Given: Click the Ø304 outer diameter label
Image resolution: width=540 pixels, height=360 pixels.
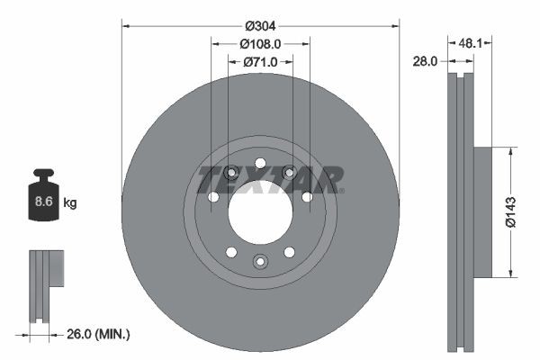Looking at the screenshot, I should coord(260,25).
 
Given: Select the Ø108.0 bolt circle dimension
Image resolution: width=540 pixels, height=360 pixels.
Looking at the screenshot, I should coord(260,43).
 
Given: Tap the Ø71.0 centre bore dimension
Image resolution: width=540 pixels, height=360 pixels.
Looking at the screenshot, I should coord(260,62).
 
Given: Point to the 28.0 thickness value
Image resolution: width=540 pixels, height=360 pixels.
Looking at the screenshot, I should coord(426,61).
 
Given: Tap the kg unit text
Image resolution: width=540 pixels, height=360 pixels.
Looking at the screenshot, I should coord(70,203).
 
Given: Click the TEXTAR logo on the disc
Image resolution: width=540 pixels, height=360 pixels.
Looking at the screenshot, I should coord(270,179).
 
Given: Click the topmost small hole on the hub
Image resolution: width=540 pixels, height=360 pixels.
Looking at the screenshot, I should coord(260,163).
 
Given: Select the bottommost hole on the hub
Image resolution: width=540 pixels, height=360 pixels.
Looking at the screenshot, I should coord(260,261).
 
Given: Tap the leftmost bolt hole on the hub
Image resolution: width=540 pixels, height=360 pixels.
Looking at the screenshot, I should coord(213,197).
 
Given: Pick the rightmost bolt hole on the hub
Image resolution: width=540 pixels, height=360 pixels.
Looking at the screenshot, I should coord(307,197).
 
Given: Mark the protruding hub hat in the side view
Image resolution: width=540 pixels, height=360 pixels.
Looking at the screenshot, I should coord(483,212).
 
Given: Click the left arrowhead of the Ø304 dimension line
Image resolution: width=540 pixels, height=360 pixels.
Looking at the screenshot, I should coord(124,25).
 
